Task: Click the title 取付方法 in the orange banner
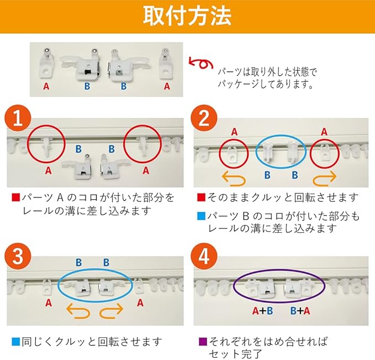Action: (187, 16)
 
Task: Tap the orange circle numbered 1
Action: (18, 118)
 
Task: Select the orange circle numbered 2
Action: (204, 118)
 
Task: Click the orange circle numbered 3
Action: (18, 256)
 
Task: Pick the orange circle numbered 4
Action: (204, 256)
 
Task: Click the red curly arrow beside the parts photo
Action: (201, 63)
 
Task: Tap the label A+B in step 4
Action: (262, 311)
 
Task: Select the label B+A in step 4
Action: (300, 311)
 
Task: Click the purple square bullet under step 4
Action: (203, 341)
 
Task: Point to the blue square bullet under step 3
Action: (15, 341)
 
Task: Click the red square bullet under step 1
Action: (15, 197)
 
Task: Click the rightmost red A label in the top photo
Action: (167, 86)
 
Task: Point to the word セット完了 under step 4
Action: (235, 354)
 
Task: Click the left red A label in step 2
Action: (234, 132)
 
